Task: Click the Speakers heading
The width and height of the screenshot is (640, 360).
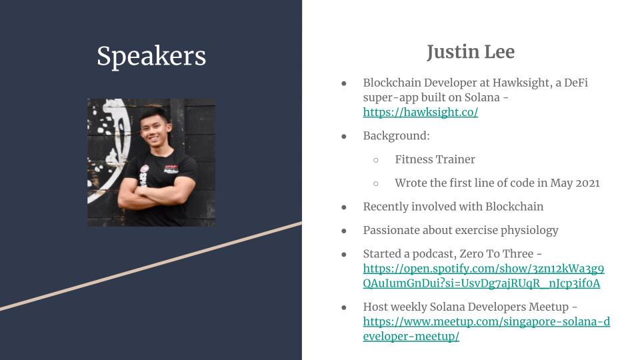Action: [x=151, y=56]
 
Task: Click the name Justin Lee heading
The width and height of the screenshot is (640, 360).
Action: [x=471, y=52]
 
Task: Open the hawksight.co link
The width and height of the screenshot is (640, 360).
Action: [x=421, y=112]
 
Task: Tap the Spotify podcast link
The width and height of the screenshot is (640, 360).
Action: [x=483, y=276]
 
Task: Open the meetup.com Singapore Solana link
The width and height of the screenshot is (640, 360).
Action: [x=486, y=329]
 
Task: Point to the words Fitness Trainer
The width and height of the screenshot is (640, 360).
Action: [x=435, y=159]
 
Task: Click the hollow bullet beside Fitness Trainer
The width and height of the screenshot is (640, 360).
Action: [x=376, y=160]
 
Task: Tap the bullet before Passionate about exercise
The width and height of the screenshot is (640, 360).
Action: [x=344, y=231]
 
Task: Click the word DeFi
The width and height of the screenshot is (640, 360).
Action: [x=576, y=83]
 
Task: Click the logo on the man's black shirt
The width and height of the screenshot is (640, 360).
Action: [x=171, y=169]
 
